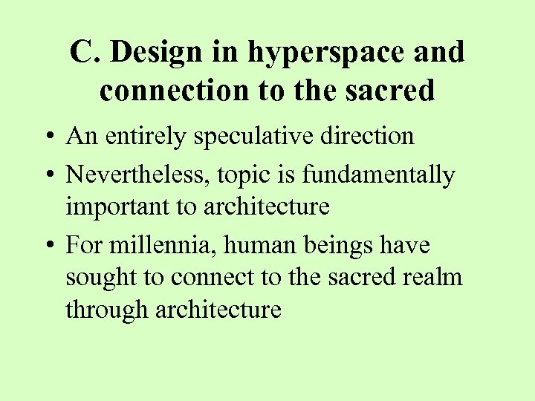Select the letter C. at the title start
[85, 53]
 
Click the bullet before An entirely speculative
[50, 137]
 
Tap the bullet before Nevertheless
[50, 176]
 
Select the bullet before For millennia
[50, 246]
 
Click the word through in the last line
[107, 310]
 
